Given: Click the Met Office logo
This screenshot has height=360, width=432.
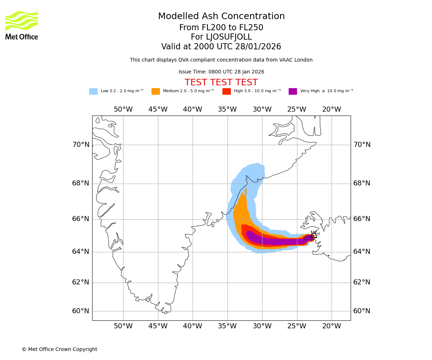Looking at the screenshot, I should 22,25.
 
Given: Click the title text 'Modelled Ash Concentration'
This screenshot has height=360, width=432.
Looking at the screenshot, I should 221,17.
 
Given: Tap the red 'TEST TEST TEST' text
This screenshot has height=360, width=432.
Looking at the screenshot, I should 221,83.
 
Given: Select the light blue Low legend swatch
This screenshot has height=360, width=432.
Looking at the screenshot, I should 93,91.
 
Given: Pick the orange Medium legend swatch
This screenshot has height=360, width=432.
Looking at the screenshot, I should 156,91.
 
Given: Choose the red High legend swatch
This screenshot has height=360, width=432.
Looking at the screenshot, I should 226,91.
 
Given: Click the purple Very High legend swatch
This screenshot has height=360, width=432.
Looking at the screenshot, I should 293,91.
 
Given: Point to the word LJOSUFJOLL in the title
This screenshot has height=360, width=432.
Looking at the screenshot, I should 229,37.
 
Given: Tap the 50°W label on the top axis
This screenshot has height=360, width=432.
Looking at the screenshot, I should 123,109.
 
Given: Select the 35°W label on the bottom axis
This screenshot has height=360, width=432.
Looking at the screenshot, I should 227,326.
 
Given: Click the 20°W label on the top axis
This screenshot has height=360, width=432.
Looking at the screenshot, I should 332,109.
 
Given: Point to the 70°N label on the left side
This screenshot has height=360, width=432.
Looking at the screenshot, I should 81,145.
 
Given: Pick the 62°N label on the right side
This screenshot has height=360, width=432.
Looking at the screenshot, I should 362,282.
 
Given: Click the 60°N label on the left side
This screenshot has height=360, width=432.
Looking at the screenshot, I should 81,311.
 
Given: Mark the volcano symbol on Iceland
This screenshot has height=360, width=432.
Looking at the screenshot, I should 313,235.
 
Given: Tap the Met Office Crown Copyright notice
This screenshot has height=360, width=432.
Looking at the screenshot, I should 59,350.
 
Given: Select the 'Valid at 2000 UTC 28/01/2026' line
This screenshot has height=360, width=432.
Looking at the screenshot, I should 221,47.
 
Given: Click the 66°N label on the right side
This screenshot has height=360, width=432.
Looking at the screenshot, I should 362,219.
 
